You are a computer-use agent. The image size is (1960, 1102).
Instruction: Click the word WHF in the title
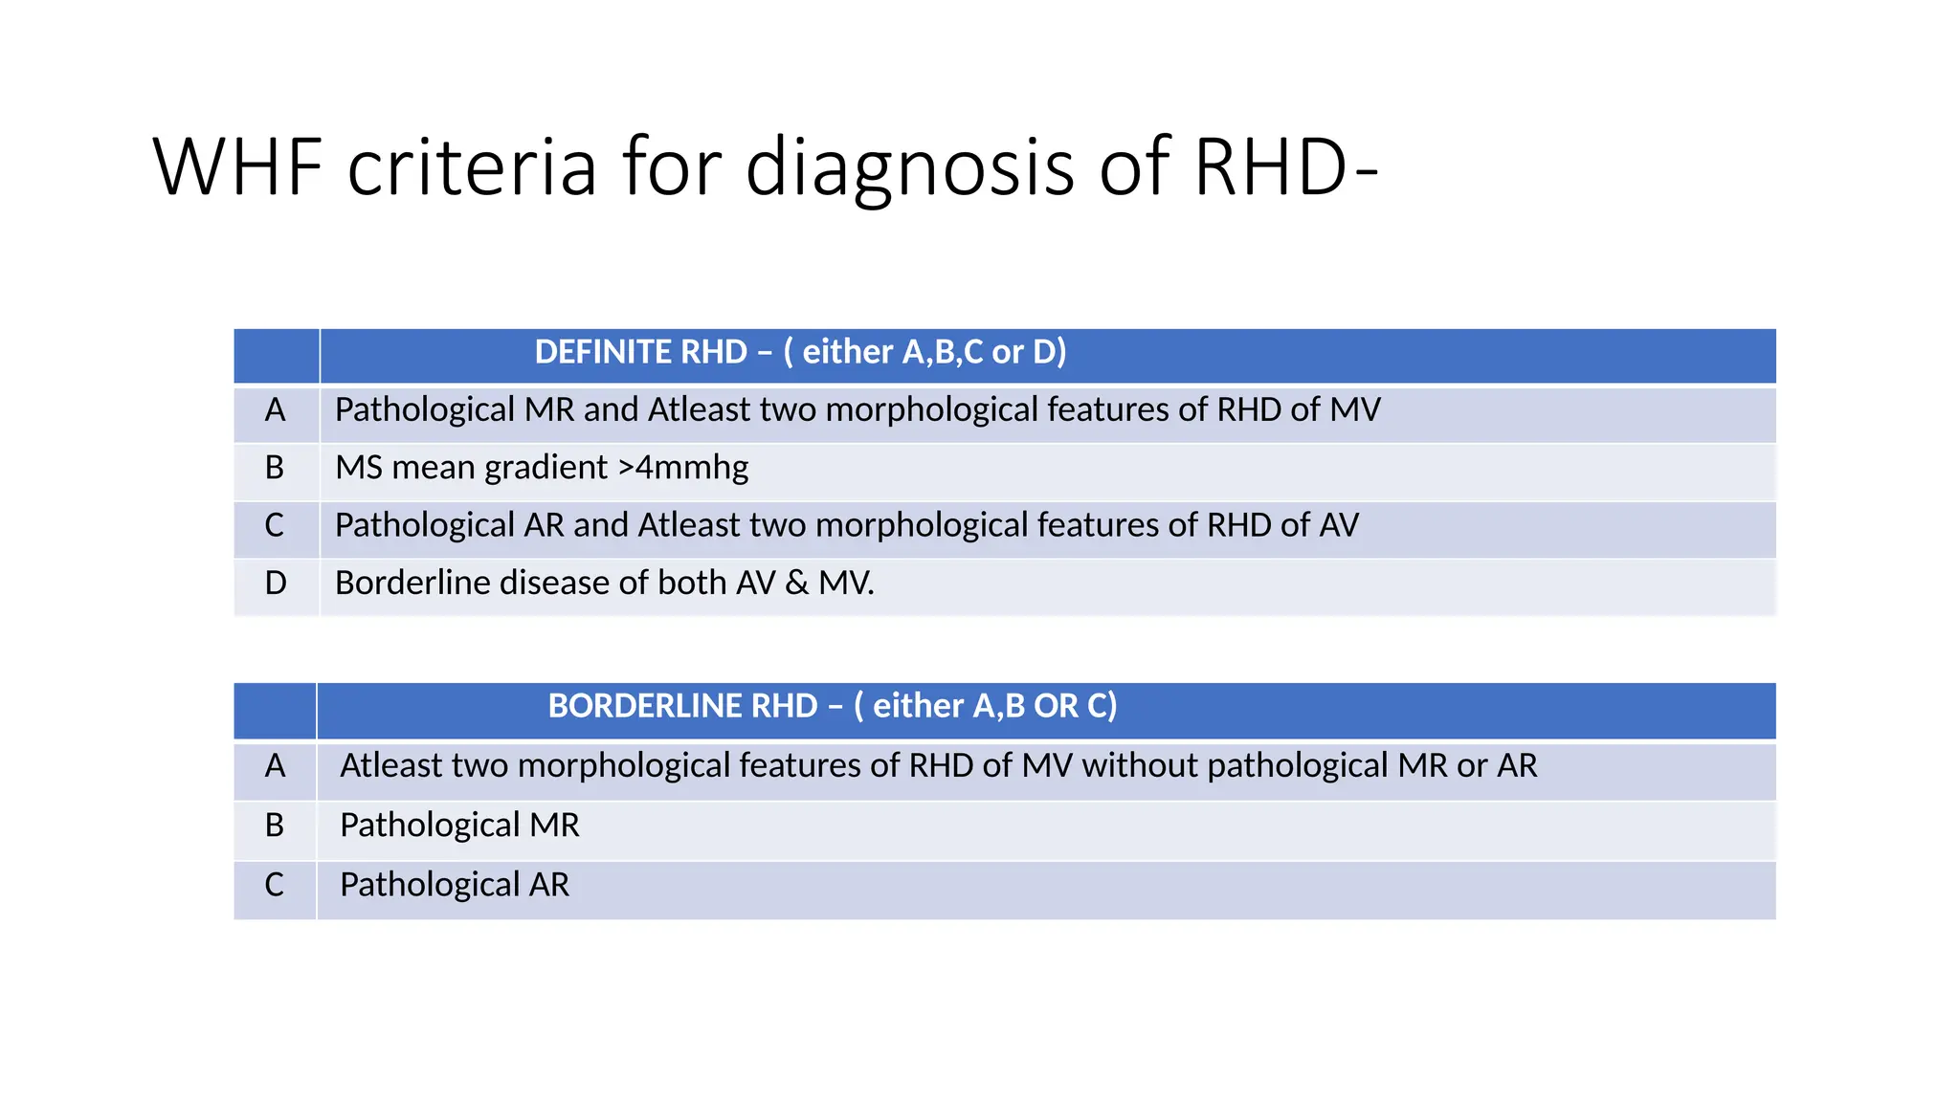coord(238,167)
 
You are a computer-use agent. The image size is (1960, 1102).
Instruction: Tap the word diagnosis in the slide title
coord(909,167)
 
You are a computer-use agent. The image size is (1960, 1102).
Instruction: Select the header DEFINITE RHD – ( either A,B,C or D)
coord(800,352)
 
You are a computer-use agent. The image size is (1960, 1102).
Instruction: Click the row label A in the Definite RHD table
coord(275,410)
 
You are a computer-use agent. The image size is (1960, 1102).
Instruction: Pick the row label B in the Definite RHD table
coord(275,468)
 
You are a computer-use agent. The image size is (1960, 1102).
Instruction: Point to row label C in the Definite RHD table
coord(275,525)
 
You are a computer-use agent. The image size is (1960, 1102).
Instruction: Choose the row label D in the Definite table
coord(275,583)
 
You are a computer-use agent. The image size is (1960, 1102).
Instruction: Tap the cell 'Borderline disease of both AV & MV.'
coord(605,583)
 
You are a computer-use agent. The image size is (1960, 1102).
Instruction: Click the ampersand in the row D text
coord(796,583)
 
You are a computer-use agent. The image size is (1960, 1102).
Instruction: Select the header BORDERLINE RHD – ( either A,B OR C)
coord(833,706)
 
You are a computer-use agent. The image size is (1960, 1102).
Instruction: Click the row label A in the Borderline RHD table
coord(275,765)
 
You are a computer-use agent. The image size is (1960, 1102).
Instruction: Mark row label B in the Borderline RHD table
coord(275,825)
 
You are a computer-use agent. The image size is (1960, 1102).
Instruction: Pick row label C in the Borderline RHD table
coord(275,884)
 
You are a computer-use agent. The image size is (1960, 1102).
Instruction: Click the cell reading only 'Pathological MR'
coord(459,825)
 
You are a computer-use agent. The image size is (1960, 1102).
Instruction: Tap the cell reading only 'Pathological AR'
coord(455,884)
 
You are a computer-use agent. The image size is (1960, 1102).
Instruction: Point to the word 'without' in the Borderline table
coord(1140,765)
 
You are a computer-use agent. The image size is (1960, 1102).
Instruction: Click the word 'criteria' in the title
coord(472,167)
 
